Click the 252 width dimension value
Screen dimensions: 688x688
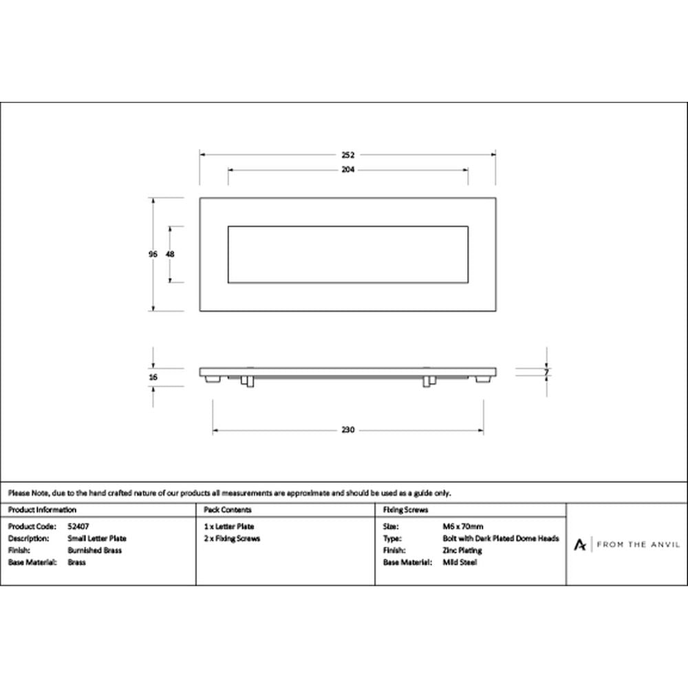[x=348, y=155]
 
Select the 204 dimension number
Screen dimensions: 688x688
[x=348, y=170]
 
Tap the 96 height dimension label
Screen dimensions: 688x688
[x=153, y=254]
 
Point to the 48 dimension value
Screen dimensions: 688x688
[x=170, y=254]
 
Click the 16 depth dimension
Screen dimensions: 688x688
[x=153, y=377]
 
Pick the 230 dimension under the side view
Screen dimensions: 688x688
[x=348, y=430]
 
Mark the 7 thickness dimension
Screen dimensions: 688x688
[x=546, y=372]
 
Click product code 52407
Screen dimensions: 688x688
[x=78, y=526]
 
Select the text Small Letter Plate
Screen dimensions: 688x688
[x=97, y=539]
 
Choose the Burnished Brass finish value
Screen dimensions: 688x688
[x=95, y=550]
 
